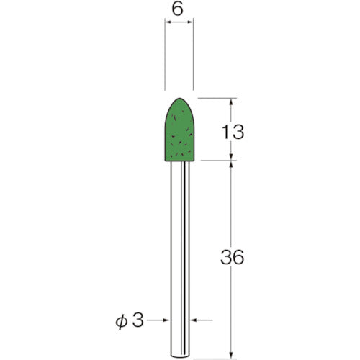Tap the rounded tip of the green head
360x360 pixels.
click(x=180, y=100)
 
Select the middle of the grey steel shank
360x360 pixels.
click(x=180, y=252)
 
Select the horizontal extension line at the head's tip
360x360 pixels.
click(x=216, y=98)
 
